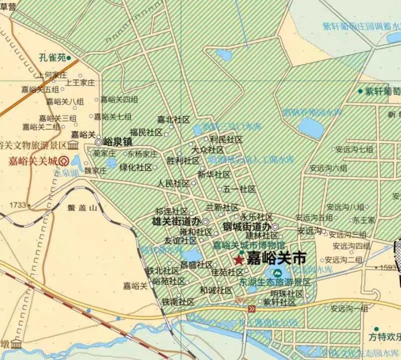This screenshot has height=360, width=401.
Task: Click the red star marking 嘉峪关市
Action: pyautogui.click(x=238, y=260)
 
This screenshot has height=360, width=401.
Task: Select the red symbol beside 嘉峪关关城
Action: pyautogui.click(x=64, y=161)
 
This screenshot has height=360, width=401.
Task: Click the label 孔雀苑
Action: pyautogui.click(x=52, y=58)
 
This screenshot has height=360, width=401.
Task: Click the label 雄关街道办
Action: pyautogui.click(x=176, y=221)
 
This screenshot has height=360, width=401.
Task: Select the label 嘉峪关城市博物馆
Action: pyautogui.click(x=249, y=245)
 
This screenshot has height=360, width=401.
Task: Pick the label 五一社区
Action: pyautogui.click(x=240, y=189)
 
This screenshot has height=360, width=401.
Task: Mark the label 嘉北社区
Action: pyautogui.click(x=173, y=119)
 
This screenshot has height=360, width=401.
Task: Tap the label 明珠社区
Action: pyautogui.click(x=287, y=293)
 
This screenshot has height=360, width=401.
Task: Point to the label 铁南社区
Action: pyautogui.click(x=178, y=302)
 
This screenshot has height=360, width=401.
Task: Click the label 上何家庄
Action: pyautogui.click(x=52, y=75)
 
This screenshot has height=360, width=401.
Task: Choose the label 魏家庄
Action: pyautogui.click(x=96, y=170)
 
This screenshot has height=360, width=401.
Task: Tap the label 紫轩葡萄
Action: pyautogui.click(x=383, y=91)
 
